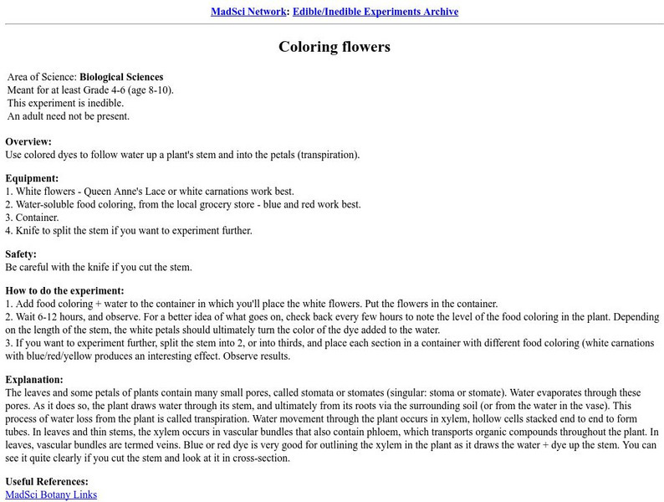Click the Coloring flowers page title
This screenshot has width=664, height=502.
coord(335,47)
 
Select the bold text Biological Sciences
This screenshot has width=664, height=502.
coord(121,77)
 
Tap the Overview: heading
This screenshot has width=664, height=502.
coord(28,141)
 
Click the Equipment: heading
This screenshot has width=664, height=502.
coord(33,178)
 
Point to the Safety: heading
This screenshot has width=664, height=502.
coord(23,254)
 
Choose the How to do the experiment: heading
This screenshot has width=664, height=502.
coord(64,290)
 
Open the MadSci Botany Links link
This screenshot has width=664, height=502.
coord(51,494)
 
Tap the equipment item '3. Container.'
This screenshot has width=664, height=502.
coord(33,217)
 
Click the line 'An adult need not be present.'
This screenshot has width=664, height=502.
coord(69,116)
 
